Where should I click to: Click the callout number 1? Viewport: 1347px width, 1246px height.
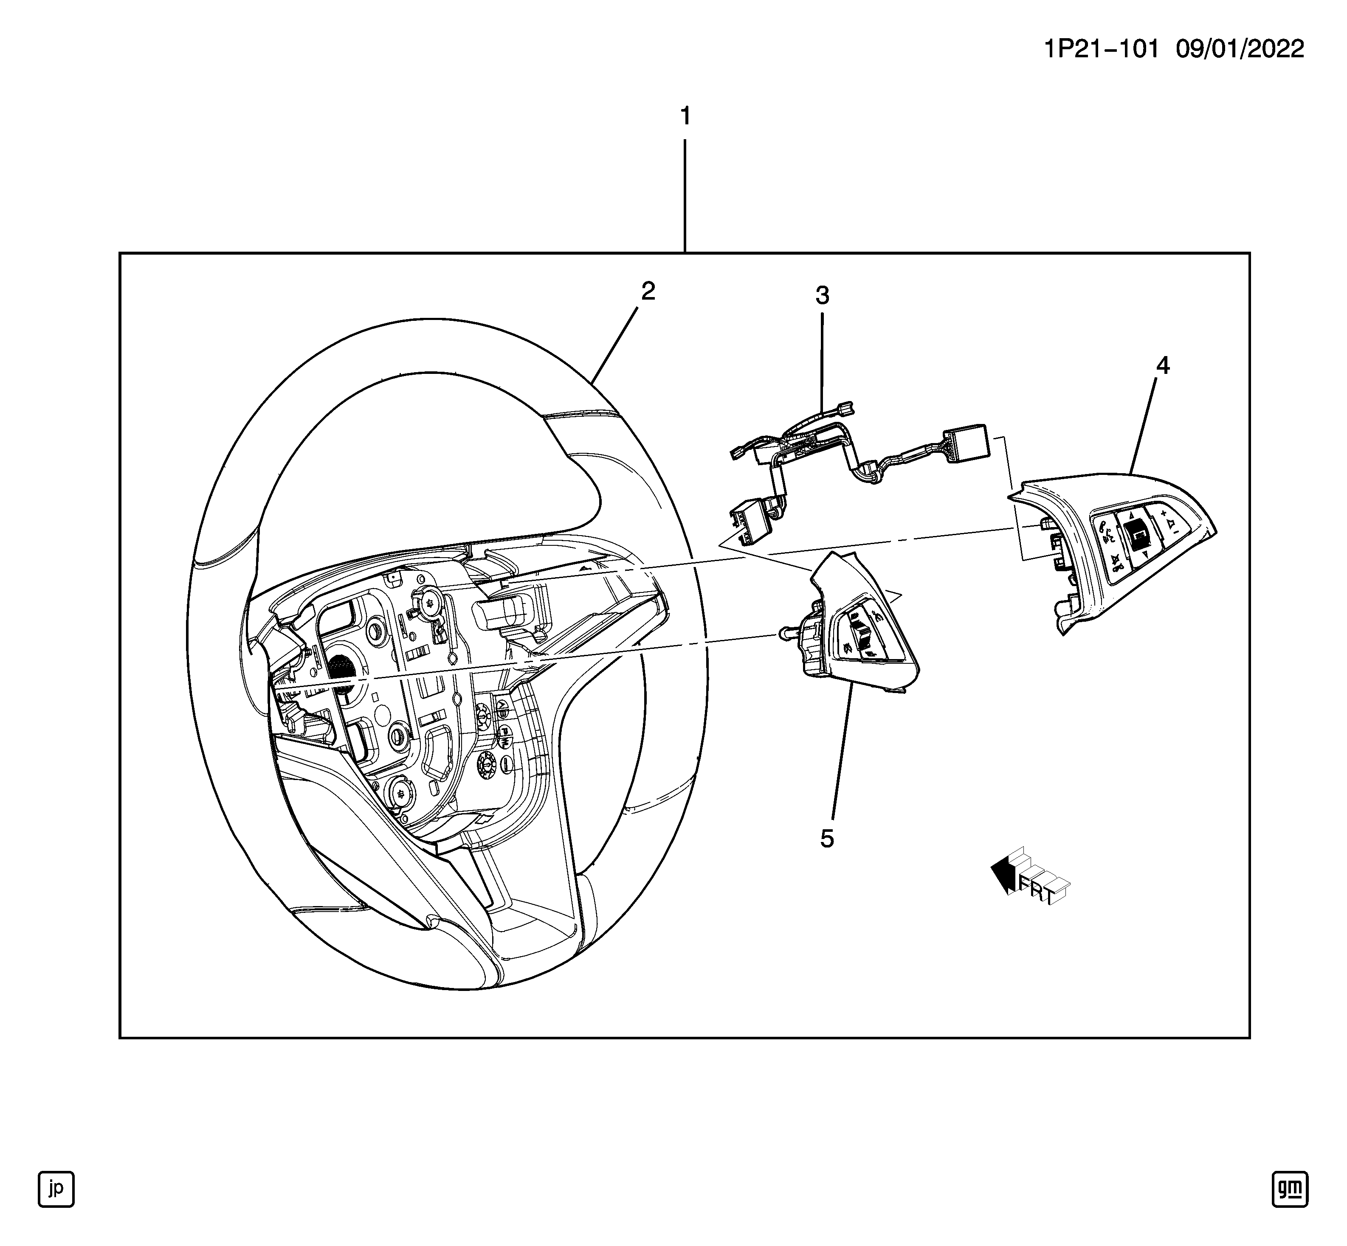pos(685,117)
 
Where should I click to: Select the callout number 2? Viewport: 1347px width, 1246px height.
pos(648,291)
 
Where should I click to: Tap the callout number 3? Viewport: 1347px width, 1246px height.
pos(822,295)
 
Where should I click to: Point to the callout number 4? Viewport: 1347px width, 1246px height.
pos(1162,365)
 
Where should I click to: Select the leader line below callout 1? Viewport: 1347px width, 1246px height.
pos(685,196)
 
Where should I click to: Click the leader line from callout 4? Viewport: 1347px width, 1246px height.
pos(1144,425)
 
